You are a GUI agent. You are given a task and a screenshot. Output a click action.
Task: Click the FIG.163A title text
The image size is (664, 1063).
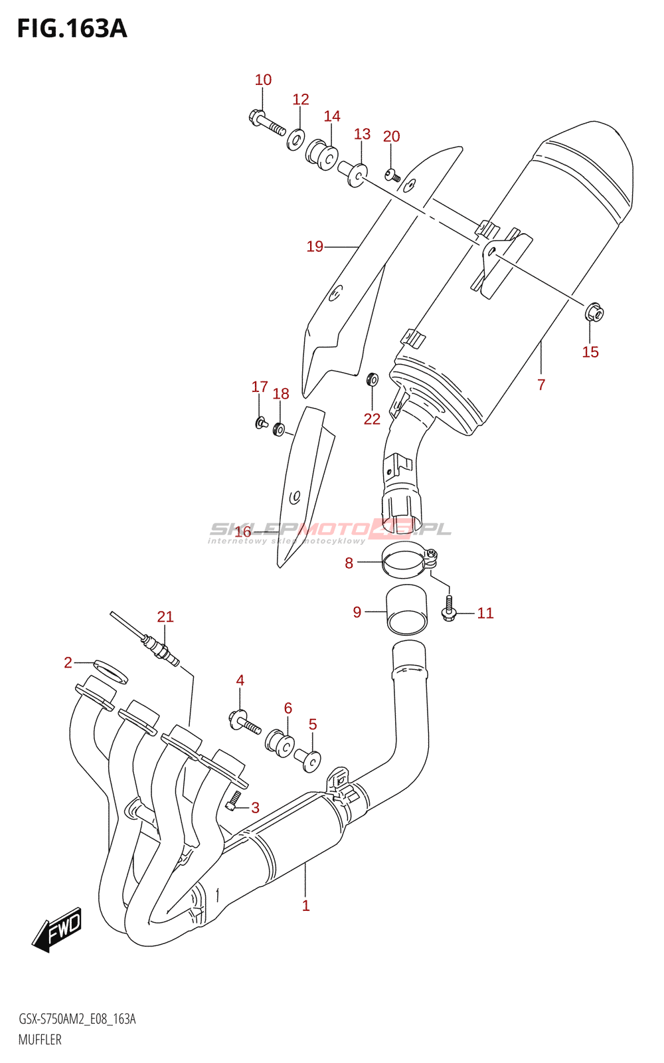tap(72, 29)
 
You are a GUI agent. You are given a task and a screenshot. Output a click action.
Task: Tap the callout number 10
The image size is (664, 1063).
tap(263, 80)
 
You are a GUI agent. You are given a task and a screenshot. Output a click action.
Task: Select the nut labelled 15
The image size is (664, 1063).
tap(594, 312)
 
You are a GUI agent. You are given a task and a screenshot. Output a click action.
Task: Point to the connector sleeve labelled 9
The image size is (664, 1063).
tap(406, 611)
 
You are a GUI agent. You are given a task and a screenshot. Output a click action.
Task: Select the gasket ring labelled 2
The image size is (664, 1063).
tap(110, 670)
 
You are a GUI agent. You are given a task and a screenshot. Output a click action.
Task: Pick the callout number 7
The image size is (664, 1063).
tap(541, 384)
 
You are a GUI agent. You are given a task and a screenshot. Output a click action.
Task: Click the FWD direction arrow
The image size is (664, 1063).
tap(58, 928)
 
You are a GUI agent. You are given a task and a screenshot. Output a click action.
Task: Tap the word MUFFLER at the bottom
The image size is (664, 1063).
tap(40, 1040)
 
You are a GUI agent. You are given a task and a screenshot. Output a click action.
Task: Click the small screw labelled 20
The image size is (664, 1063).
tap(392, 175)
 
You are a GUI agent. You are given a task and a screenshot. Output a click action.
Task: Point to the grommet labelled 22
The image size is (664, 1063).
tap(372, 380)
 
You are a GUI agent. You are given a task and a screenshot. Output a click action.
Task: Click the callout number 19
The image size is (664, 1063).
tap(315, 246)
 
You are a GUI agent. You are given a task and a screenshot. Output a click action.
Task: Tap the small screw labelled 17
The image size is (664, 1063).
tap(260, 421)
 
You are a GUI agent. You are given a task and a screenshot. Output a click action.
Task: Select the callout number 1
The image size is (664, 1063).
tap(305, 906)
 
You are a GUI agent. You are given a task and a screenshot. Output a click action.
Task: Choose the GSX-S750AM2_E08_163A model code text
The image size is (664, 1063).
tap(77, 1019)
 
